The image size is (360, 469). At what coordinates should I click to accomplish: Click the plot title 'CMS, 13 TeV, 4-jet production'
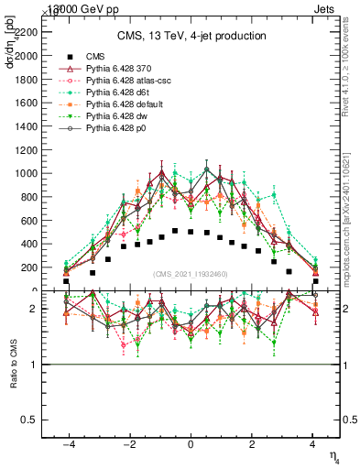pyautogui.click(x=191, y=36)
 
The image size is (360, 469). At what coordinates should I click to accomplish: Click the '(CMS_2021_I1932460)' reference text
pyautogui.click(x=191, y=274)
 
